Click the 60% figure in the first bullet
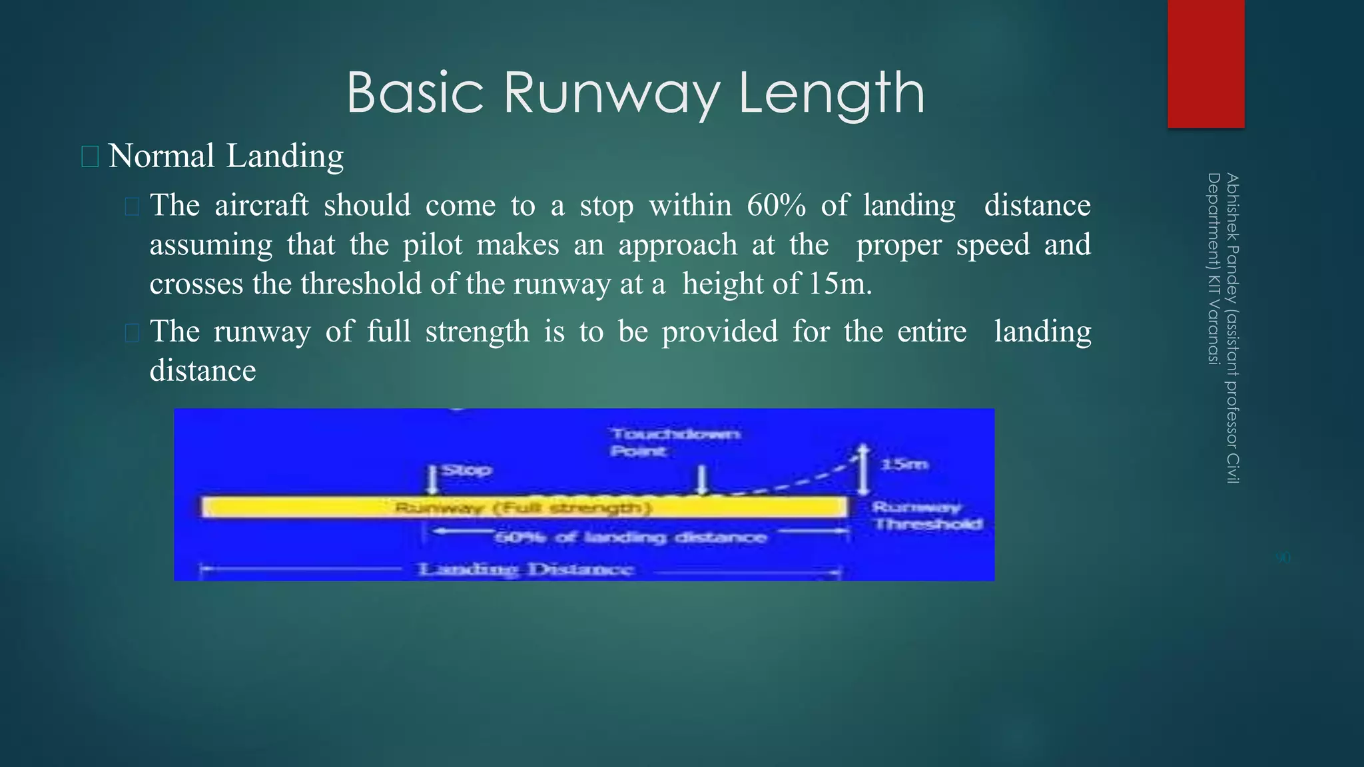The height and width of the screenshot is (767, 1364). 776,205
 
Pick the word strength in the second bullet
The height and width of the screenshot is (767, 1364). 477,332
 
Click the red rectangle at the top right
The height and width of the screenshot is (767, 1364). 1205,63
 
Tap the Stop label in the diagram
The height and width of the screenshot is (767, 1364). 467,470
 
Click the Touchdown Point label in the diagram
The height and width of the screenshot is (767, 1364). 675,442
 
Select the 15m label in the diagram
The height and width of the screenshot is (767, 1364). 904,464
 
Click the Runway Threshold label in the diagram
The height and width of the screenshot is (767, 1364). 927,516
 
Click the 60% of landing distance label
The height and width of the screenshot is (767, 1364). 630,537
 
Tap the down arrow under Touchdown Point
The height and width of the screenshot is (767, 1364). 701,480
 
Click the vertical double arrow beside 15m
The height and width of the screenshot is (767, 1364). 863,469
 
